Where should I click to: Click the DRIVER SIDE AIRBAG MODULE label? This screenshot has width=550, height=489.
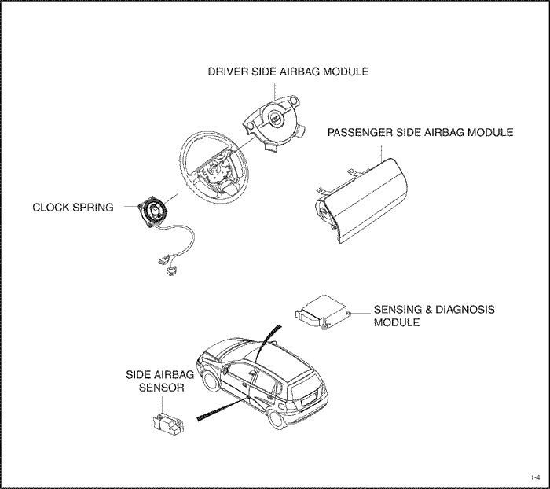pyautogui.click(x=288, y=72)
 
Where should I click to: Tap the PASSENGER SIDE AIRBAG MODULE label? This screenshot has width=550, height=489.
pyautogui.click(x=420, y=132)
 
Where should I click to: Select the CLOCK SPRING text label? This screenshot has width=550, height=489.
pyautogui.click(x=73, y=207)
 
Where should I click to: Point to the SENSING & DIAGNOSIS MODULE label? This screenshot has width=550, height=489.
pyautogui.click(x=434, y=316)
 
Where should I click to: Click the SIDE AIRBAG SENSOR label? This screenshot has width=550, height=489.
pyautogui.click(x=160, y=381)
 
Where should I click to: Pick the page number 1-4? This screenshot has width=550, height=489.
pyautogui.click(x=535, y=477)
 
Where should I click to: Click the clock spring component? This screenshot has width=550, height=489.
pyautogui.click(x=154, y=212)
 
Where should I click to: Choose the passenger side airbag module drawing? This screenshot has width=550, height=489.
pyautogui.click(x=360, y=200)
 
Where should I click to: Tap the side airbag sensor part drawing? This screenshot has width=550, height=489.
pyautogui.click(x=168, y=423)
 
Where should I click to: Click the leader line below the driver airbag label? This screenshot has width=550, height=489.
pyautogui.click(x=275, y=92)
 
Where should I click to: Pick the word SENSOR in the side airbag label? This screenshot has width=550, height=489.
pyautogui.click(x=161, y=388)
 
